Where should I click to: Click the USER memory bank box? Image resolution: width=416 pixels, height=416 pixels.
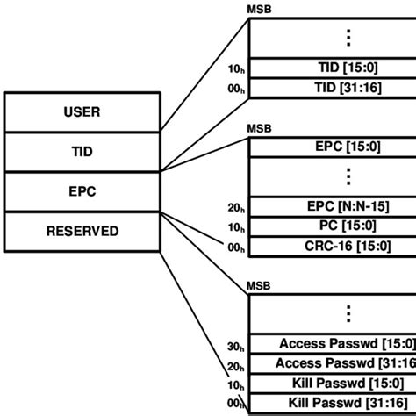[82, 112]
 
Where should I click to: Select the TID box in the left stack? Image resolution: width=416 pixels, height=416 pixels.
[82, 152]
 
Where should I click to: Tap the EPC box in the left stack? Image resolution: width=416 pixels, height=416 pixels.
[82, 191]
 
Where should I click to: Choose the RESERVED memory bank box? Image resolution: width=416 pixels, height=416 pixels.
[82, 232]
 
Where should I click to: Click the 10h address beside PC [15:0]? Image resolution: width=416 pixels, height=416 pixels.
[235, 228]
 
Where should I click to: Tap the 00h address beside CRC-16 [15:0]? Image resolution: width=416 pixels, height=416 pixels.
[235, 248]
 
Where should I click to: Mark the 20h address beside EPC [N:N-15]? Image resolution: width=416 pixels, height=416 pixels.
[235, 209]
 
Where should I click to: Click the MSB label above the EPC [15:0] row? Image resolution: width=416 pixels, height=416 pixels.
[260, 129]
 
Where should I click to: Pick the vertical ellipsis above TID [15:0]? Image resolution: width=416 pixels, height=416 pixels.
[348, 37]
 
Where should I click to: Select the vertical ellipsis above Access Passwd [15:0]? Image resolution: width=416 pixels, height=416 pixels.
[348, 314]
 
